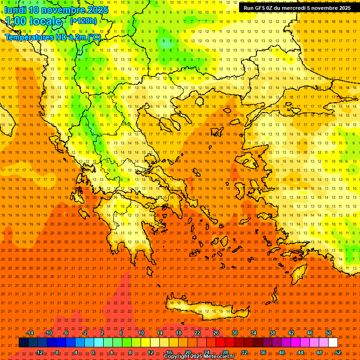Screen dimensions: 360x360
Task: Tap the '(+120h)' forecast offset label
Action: (83, 21)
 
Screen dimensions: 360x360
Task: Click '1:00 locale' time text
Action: (34, 21)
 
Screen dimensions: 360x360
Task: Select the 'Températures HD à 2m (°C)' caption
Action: (52, 37)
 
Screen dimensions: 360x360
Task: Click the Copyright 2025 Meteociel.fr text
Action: (199, 357)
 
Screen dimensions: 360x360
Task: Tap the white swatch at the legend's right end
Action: (333, 343)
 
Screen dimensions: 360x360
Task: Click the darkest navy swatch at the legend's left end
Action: (23, 343)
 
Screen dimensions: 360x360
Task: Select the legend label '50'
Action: (329, 333)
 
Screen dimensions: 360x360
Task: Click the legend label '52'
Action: (338, 352)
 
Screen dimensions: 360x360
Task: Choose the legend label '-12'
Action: (39, 352)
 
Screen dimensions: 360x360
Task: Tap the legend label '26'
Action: (216, 333)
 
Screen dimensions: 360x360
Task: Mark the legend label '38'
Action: (272, 333)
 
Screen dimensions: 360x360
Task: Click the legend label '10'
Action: (141, 333)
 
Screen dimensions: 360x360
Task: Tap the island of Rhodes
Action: (299, 271)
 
